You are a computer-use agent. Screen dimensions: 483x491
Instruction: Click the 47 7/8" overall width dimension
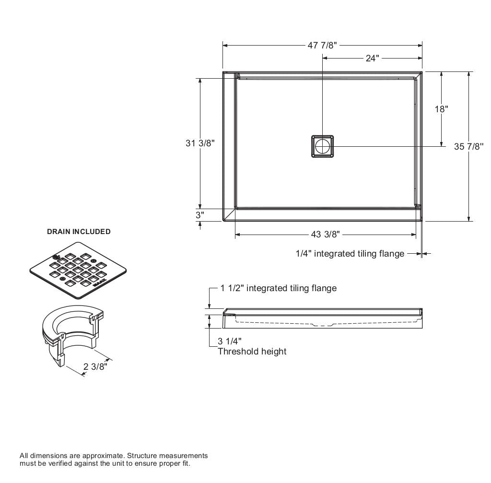point(322,46)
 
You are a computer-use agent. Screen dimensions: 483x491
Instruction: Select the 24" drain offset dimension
point(372,59)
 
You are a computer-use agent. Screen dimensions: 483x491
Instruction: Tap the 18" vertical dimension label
point(441,109)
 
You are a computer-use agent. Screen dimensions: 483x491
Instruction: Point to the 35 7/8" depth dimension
point(468,147)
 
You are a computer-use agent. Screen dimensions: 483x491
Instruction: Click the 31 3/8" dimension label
point(200,143)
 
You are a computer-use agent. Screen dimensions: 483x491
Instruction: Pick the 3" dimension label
point(200,215)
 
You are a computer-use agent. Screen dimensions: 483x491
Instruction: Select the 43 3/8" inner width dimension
point(326,235)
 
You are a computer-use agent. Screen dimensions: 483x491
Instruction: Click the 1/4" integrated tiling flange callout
point(350,253)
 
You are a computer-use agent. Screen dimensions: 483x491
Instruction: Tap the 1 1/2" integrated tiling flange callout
point(279,288)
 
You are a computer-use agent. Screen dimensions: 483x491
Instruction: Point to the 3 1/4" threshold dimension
point(228,342)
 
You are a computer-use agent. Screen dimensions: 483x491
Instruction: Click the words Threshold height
point(252,352)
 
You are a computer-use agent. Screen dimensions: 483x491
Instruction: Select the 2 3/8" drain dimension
point(95,367)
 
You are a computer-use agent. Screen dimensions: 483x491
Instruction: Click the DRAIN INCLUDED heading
point(79,232)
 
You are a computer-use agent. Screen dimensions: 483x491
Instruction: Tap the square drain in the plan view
point(322,146)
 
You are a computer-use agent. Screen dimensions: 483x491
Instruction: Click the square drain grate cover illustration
point(78,270)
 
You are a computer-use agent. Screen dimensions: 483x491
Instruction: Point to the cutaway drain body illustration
point(72,336)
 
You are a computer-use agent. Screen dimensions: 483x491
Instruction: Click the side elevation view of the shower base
point(322,318)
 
